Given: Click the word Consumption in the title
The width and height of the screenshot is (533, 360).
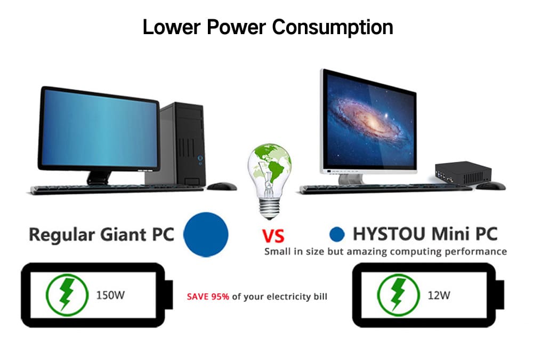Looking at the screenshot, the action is pyautogui.click(x=333, y=27).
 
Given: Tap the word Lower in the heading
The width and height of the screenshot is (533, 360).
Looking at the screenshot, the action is pyautogui.click(x=171, y=27).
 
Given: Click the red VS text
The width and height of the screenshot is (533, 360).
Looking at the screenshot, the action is pyautogui.click(x=273, y=236).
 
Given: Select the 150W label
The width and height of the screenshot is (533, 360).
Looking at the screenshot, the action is pyautogui.click(x=110, y=295).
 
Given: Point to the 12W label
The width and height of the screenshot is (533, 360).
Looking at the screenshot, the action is pyautogui.click(x=439, y=295).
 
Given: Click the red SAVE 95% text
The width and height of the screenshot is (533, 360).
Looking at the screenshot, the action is pyautogui.click(x=208, y=297).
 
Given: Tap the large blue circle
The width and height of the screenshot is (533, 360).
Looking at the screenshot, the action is pyautogui.click(x=206, y=234).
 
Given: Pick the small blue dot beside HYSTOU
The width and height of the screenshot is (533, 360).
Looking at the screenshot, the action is pyautogui.click(x=337, y=234).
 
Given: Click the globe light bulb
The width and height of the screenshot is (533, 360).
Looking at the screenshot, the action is pyautogui.click(x=269, y=181).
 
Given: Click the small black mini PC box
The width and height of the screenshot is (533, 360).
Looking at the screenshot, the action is pyautogui.click(x=463, y=172).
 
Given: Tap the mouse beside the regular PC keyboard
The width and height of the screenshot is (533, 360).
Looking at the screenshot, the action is pyautogui.click(x=222, y=186).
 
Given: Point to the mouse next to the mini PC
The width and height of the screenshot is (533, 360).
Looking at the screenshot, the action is pyautogui.click(x=490, y=186).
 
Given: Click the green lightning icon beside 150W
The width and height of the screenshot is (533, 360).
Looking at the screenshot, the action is pyautogui.click(x=67, y=295).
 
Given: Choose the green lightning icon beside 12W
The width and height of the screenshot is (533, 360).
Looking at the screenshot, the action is pyautogui.click(x=398, y=295).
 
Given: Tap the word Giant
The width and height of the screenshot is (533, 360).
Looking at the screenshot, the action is pyautogui.click(x=124, y=235).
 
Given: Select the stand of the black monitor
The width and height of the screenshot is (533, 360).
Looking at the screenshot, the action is pyautogui.click(x=99, y=178).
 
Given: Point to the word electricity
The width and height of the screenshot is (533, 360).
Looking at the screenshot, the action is pyautogui.click(x=288, y=297).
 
